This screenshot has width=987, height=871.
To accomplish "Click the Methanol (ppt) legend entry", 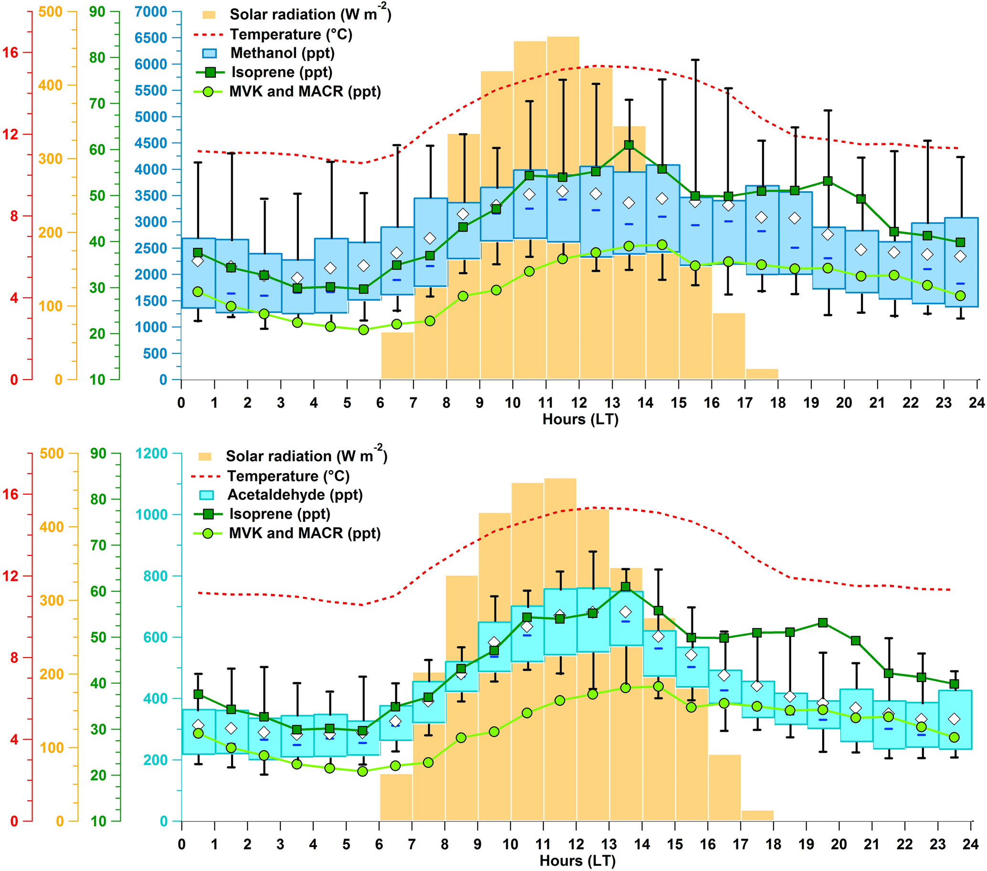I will coord(282,53).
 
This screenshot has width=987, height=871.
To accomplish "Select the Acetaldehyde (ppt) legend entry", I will coord(295,495).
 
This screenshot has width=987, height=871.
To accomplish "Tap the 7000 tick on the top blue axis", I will coord(151,11).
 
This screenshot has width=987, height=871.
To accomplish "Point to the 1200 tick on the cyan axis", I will coord(152,453).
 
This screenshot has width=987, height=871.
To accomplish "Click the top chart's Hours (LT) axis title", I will coord(581,419).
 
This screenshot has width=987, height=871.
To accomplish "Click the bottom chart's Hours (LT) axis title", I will coord(577,860).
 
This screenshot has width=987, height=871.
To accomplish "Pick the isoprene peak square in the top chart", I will coord(629,145).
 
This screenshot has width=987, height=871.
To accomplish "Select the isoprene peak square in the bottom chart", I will coord(626,587).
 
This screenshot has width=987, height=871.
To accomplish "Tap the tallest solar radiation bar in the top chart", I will coord(563,208).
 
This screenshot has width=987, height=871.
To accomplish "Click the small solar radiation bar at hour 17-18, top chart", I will coord(762,374).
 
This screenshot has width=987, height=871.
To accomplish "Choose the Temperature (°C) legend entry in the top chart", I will coord(291,35).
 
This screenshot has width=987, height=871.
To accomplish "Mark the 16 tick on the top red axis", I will coord(11,53).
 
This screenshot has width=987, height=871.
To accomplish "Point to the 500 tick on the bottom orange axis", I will coord(52,453).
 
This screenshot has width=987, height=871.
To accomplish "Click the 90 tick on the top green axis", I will coord(97,11).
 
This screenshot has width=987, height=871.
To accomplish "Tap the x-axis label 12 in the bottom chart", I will coord(576,844).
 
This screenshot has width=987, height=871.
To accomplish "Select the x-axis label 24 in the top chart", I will coord(976,403).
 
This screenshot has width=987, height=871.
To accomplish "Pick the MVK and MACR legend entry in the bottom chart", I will coord(304,533).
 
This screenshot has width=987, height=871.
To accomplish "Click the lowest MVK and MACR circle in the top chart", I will coord(363,330).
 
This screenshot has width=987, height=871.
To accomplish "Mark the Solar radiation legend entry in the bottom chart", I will coord(306,456).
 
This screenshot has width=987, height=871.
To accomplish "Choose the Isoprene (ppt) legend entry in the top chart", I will coord(282,73).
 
